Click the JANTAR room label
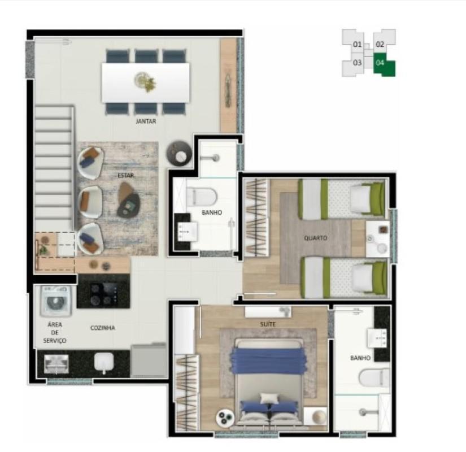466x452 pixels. (x=146, y=121)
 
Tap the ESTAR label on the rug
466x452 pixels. (x=126, y=176)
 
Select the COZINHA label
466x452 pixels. (x=103, y=328)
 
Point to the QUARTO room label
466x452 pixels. (x=315, y=238)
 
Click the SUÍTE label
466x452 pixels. (x=268, y=324)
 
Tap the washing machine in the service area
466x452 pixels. (x=56, y=301)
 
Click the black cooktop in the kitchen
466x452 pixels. (x=103, y=291)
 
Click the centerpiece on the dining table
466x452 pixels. (x=145, y=81)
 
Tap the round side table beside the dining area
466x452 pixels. (x=179, y=153)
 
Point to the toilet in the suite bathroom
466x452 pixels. (x=374, y=377)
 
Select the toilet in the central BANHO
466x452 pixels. (x=201, y=197)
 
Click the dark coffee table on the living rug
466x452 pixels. (x=128, y=199)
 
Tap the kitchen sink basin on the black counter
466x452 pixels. (x=104, y=362)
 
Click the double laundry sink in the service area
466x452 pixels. (x=56, y=364)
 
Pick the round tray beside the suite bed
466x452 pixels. (x=225, y=418)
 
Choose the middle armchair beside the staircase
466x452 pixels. (x=90, y=202)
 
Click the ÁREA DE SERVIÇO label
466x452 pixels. (x=55, y=332)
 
